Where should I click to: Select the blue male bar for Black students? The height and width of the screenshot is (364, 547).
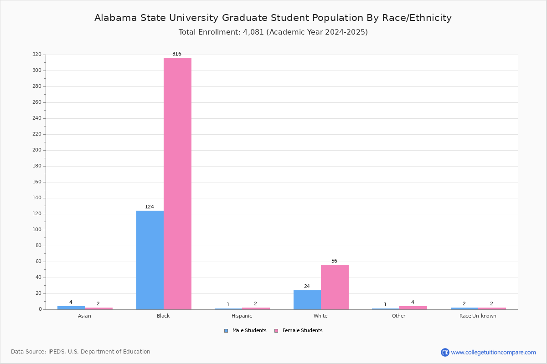coord(150,260)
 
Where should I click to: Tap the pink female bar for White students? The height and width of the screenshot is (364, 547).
coord(335,287)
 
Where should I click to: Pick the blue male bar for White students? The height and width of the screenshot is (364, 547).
coord(307,300)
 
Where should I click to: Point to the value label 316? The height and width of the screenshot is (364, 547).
coord(177,54)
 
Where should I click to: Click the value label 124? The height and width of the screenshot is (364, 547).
coord(150,207)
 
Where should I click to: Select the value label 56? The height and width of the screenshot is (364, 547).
coord(334,261)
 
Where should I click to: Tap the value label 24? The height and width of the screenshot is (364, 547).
coord(307,287)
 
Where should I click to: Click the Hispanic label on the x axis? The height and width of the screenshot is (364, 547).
coord(242,316)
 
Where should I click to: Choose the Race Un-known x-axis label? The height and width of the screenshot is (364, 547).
coord(478,316)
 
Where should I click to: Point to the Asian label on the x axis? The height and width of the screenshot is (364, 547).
coord(84,316)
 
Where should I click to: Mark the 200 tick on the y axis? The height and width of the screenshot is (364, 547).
coord(37,150)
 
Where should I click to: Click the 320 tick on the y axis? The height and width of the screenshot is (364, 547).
coord(37,55)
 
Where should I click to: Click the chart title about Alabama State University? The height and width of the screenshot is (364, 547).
coord(273,18)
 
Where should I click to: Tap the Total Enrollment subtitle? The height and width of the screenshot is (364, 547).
coord(273,32)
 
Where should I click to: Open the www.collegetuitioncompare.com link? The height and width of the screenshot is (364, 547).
coord(493,352)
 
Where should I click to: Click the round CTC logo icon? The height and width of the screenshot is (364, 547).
coord(445,352)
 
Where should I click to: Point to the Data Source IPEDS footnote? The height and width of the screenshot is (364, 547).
coord(81,352)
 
